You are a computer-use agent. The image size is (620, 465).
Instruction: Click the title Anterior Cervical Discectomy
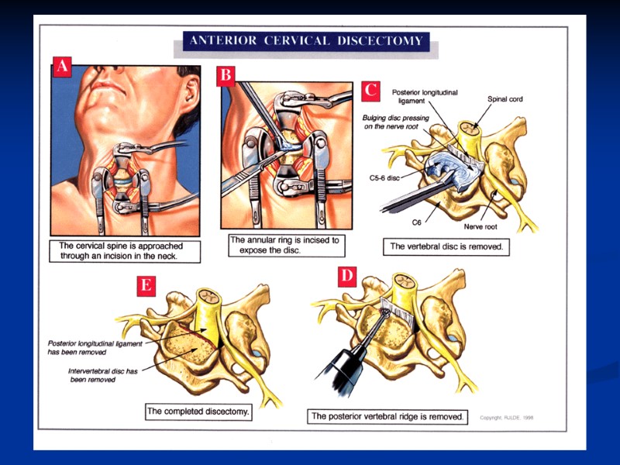(304, 41)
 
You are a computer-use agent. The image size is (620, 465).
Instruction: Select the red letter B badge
(226, 76)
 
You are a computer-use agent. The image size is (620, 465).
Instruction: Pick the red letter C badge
(371, 89)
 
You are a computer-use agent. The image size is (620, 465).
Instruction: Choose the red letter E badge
(145, 284)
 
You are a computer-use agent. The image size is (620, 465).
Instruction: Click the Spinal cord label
(504, 99)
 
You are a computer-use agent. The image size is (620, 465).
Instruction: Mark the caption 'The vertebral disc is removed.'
(446, 248)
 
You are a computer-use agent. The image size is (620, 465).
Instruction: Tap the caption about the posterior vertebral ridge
(387, 416)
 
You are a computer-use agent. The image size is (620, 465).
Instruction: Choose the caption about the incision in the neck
(126, 250)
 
